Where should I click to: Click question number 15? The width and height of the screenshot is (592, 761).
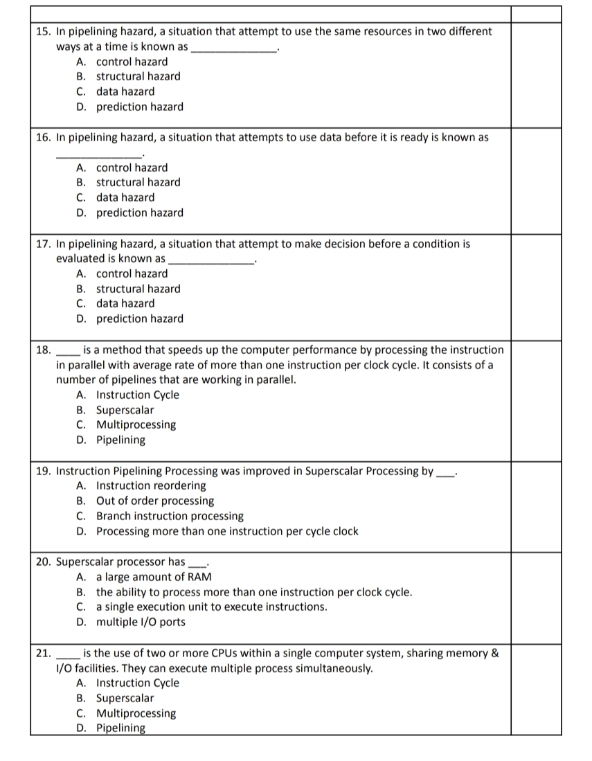43,32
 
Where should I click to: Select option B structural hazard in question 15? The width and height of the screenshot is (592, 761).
138,76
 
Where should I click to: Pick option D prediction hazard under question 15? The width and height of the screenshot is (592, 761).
139,107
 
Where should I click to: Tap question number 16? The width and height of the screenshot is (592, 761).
43,137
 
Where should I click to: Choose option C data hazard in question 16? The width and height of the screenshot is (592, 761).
125,197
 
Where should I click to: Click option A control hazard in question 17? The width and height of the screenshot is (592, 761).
132,274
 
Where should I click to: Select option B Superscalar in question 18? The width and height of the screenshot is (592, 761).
125,410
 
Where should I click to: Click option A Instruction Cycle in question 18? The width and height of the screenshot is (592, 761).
137,395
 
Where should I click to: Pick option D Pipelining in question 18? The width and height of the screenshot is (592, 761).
120,440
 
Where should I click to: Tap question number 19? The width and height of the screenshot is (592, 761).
43,471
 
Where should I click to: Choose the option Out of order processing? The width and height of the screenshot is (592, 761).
154,501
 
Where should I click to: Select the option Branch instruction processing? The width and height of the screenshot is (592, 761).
170,516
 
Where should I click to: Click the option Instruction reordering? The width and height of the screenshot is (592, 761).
151,485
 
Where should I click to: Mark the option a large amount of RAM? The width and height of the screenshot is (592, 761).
154,577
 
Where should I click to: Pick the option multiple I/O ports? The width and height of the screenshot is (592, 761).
141,622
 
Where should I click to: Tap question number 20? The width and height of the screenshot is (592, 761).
43,562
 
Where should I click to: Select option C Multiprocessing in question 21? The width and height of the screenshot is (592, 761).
136,713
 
